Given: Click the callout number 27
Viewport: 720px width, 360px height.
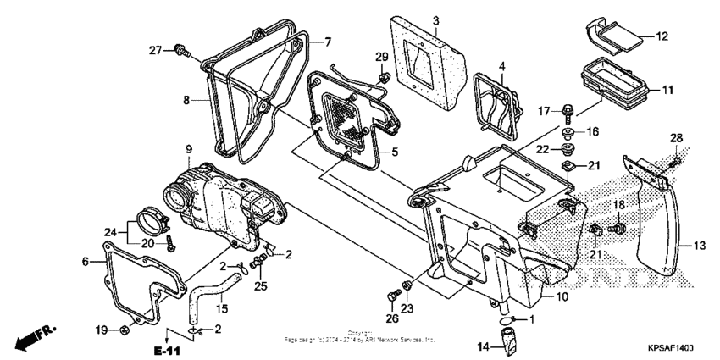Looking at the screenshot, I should [154, 50].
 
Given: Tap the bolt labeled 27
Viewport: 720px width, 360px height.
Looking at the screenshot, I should [180, 51].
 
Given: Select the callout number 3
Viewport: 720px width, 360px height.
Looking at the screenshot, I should [435, 20].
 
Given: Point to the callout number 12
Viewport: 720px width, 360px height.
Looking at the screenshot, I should [662, 36].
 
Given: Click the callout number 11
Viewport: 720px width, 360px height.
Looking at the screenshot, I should [667, 89].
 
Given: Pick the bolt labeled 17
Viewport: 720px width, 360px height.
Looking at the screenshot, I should [567, 110].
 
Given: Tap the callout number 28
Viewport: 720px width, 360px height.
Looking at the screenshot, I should [675, 138].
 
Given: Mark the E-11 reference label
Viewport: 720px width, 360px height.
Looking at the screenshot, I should [167, 350].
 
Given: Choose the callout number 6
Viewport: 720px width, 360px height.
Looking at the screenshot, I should [85, 262].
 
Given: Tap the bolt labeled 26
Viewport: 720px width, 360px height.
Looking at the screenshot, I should [390, 295].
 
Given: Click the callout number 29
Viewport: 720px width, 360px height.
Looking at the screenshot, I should [382, 57].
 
